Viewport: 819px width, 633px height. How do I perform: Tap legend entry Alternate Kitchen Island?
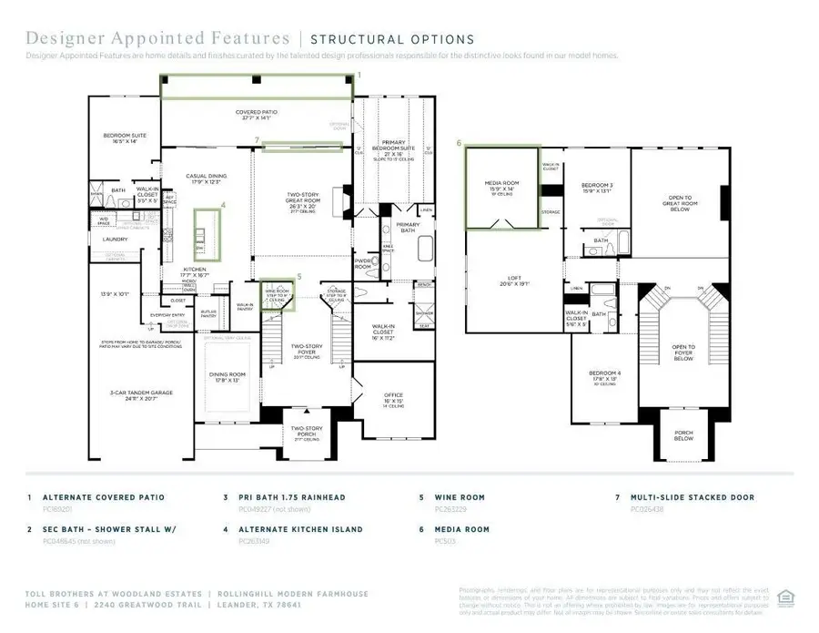pyautogui.click(x=294, y=528)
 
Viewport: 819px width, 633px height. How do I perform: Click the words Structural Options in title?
pyautogui.click(x=392, y=39)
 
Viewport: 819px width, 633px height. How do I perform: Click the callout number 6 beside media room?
pyautogui.click(x=460, y=143)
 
